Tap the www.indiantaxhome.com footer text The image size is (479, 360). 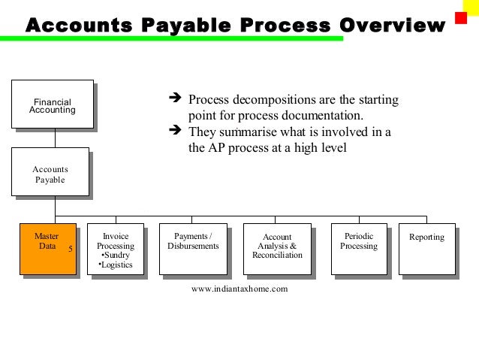pyautogui.click(x=239, y=288)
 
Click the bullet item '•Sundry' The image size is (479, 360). pyautogui.click(x=116, y=256)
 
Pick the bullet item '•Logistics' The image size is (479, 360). pyautogui.click(x=116, y=265)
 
